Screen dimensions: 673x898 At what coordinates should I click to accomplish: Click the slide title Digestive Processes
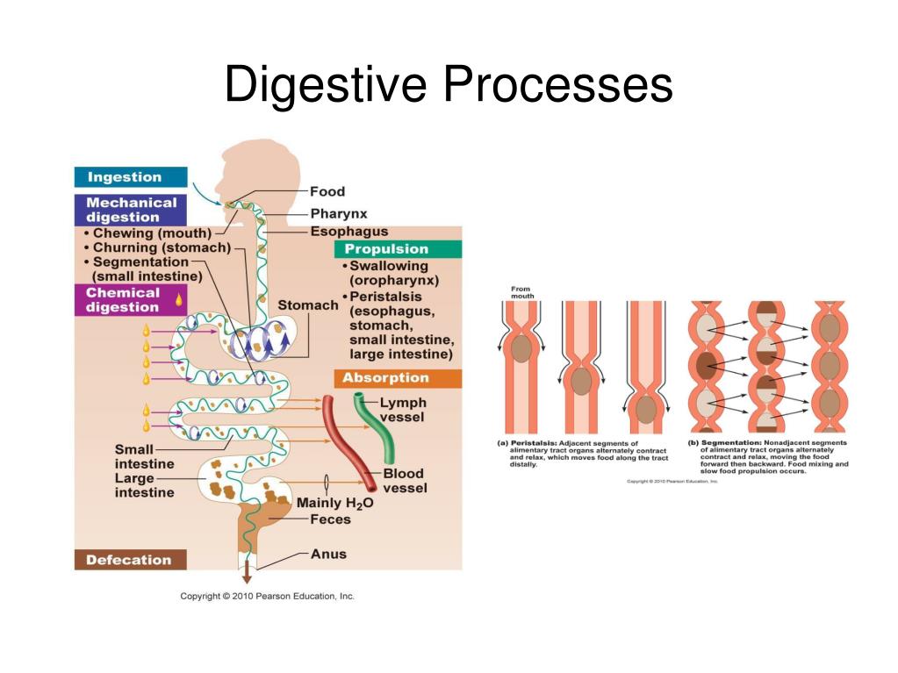[449, 85]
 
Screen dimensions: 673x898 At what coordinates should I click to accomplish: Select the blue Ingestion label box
[130, 177]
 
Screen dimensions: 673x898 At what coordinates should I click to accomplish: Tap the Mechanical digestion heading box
[130, 210]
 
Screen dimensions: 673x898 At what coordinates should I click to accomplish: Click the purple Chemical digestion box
[130, 300]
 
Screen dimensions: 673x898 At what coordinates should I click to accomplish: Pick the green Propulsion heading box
[397, 249]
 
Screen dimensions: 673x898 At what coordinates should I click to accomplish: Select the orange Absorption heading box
[397, 378]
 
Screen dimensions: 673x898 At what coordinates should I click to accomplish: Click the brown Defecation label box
[129, 560]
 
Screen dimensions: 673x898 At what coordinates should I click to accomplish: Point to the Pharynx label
[338, 212]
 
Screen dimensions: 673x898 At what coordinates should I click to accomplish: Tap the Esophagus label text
[348, 232]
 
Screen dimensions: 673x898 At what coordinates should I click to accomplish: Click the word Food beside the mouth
[327, 191]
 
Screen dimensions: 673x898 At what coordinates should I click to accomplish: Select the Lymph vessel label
[402, 410]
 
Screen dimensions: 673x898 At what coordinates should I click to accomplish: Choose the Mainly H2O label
[334, 503]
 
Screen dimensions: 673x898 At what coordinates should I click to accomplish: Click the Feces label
[330, 519]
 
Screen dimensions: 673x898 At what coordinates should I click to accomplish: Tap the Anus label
[328, 554]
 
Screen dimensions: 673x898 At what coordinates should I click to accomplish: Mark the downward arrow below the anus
[247, 575]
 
